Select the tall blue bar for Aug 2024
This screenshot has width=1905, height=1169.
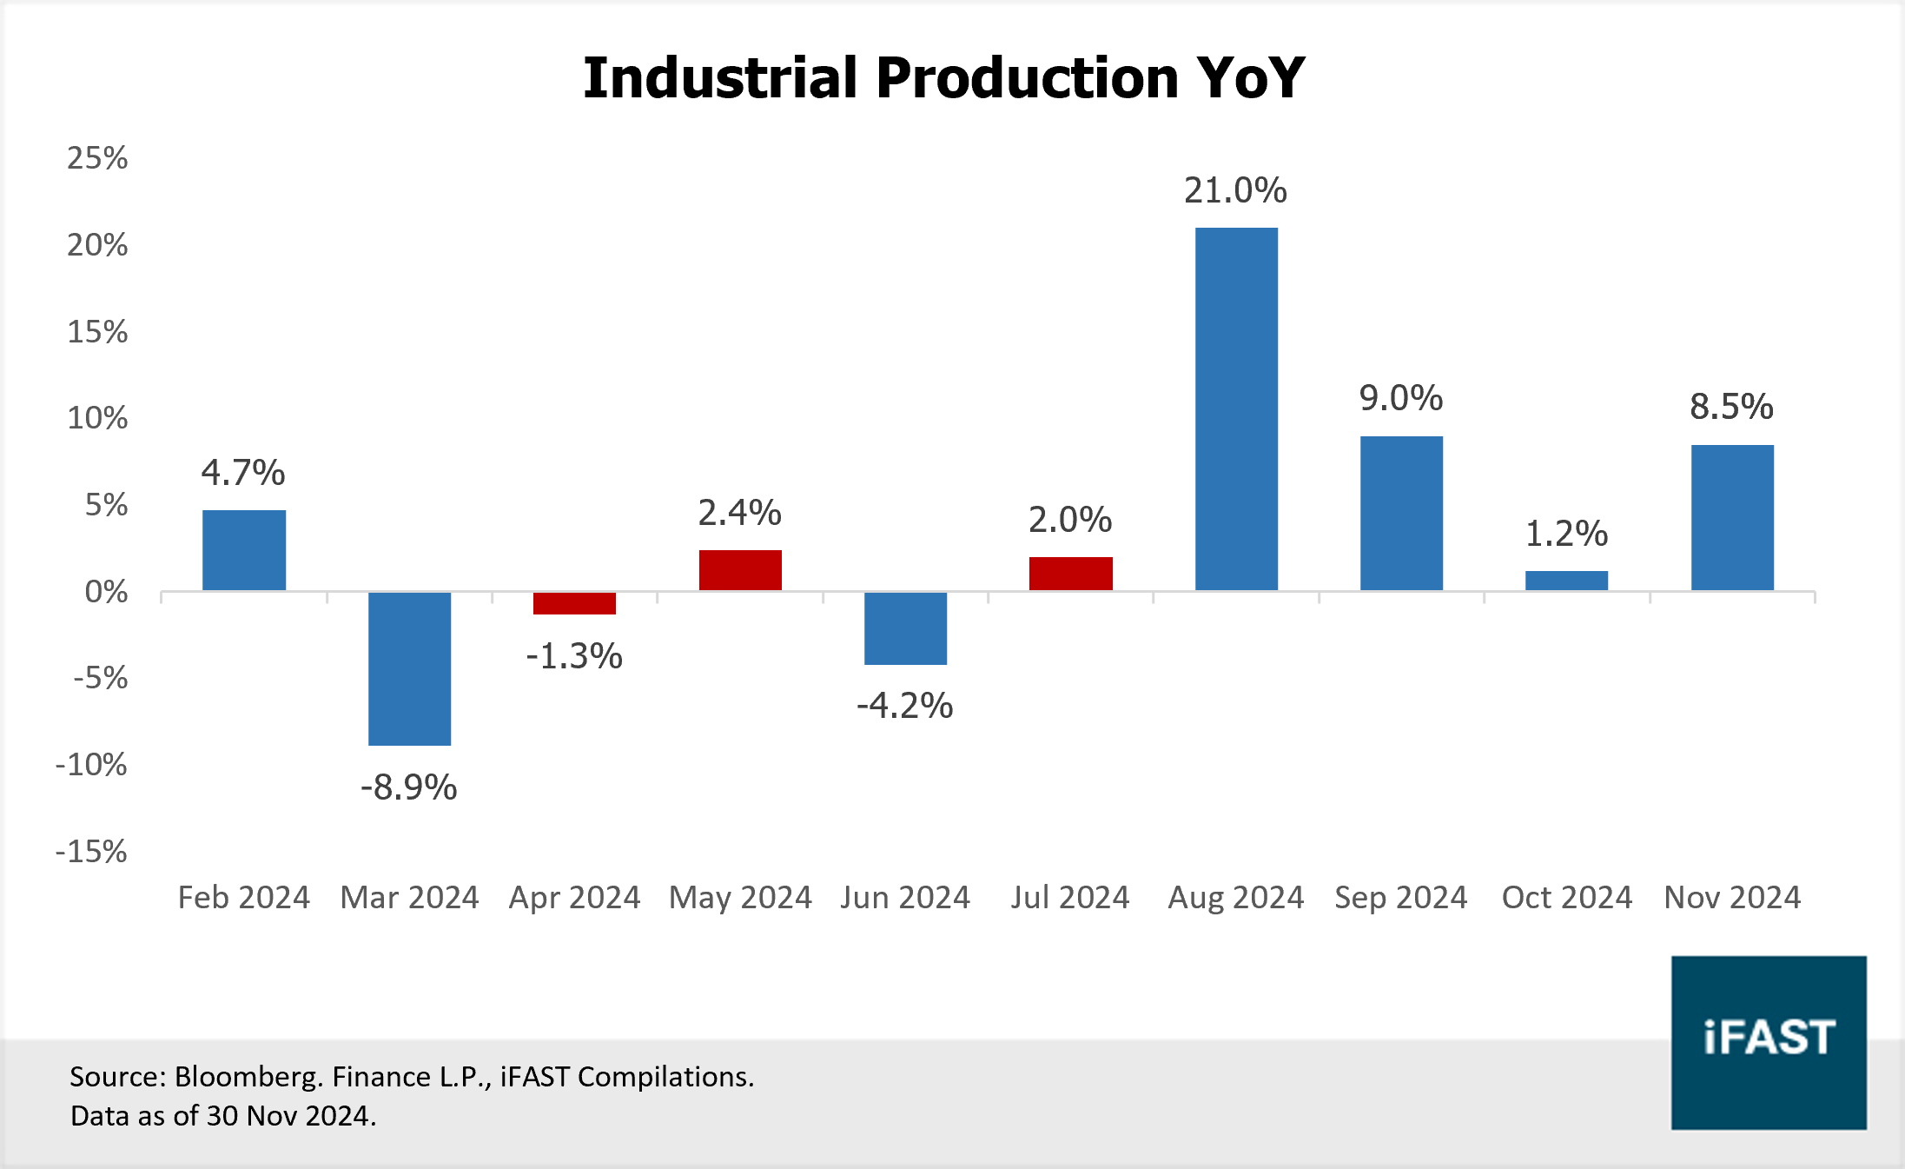tap(1236, 408)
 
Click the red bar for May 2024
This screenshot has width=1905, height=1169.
tap(740, 570)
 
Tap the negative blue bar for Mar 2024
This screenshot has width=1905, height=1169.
tap(409, 668)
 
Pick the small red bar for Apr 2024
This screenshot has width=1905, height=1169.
tap(574, 603)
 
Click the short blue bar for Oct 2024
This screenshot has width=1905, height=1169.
tap(1566, 581)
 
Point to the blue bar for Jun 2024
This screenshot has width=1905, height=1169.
tap(905, 628)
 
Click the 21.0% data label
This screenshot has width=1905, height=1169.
tap(1235, 190)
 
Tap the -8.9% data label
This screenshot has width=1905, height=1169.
tap(408, 787)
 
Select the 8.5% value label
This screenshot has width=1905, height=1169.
tap(1731, 407)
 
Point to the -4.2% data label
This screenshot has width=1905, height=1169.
tap(904, 706)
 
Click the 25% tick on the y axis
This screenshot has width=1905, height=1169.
tap(97, 158)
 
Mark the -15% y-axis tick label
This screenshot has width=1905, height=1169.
tap(91, 851)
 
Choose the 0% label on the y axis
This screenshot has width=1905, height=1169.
tap(106, 592)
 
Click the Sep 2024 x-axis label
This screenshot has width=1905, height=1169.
tap(1400, 897)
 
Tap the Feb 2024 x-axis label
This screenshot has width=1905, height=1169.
tap(243, 897)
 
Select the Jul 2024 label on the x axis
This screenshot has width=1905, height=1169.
tap(1069, 897)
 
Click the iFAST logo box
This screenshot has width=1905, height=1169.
tap(1769, 1042)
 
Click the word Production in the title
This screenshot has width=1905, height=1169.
tap(1027, 78)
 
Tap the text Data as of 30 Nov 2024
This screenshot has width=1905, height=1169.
tap(223, 1116)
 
